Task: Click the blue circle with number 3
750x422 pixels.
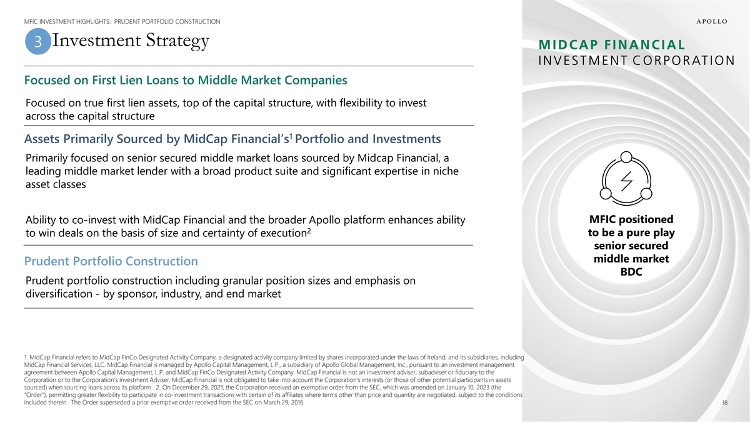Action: point(38,41)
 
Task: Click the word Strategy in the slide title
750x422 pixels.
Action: point(177,41)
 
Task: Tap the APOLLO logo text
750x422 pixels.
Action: point(712,21)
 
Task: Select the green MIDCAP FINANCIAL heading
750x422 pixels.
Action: point(612,44)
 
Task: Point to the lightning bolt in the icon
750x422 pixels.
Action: point(626,181)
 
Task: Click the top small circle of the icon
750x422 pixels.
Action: point(626,157)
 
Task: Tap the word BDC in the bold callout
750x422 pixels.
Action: point(631,271)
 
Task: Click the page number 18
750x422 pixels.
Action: point(724,403)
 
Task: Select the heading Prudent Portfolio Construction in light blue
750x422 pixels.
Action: point(111,261)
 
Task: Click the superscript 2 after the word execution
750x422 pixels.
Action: point(309,231)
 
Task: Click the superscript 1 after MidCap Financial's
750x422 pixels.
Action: point(291,136)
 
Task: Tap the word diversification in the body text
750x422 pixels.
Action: point(59,294)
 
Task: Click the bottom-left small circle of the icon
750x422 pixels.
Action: point(606,194)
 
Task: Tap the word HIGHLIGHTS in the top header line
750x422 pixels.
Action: point(93,22)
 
